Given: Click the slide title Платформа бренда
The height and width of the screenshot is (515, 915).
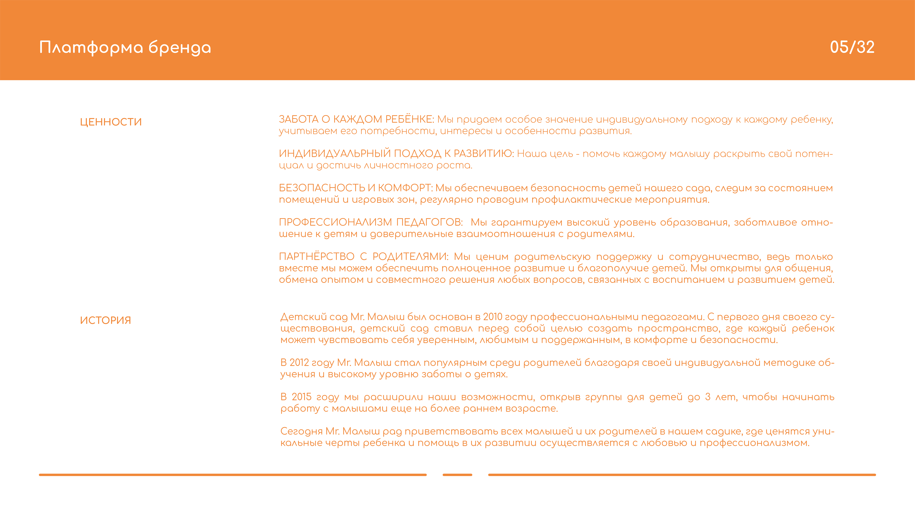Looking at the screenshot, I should point(125,48).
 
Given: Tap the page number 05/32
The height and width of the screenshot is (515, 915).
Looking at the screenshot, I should point(852,47).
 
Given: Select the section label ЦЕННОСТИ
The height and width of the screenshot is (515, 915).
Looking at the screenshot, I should point(111,122).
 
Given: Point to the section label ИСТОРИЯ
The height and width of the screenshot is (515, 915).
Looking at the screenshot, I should point(105,320).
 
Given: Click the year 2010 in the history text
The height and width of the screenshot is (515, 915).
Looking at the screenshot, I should point(492,317).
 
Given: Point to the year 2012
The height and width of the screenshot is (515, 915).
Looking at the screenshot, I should point(299,362).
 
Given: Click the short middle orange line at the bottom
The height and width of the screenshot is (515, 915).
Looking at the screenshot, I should point(457,474).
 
